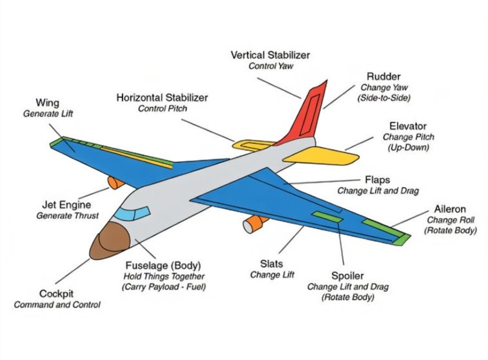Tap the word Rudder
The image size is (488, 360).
point(383,76)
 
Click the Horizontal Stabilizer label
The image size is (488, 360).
point(162,97)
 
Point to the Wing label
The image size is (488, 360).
point(48,103)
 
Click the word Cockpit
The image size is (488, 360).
point(57,294)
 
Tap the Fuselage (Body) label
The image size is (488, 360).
point(163,265)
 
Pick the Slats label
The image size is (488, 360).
point(272,263)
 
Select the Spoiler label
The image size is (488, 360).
point(347,275)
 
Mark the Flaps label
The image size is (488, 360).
point(377,180)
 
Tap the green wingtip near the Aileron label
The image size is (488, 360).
point(401,239)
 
